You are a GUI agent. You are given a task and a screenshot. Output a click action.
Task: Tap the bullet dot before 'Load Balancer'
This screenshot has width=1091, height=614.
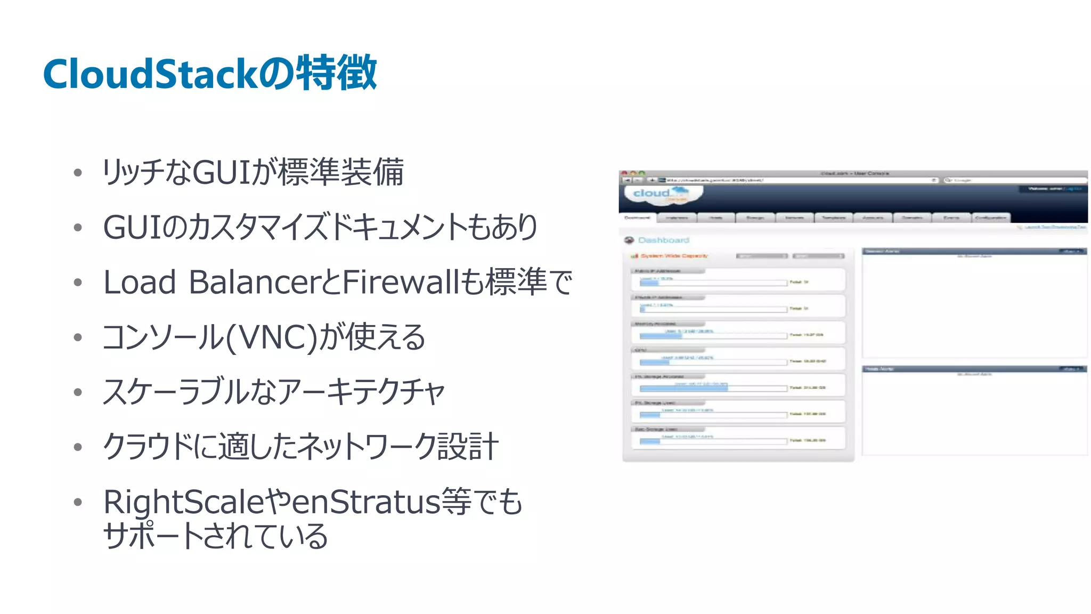[78, 282]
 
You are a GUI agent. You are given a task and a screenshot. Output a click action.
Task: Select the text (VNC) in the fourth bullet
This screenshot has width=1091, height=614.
[272, 337]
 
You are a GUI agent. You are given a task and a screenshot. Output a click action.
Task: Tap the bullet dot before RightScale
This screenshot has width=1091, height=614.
[78, 502]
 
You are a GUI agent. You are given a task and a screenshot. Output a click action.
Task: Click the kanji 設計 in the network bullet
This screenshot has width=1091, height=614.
[468, 446]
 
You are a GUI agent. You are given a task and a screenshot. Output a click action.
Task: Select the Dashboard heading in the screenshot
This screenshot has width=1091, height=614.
[663, 240]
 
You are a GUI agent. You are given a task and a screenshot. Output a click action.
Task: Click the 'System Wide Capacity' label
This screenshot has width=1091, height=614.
[674, 256]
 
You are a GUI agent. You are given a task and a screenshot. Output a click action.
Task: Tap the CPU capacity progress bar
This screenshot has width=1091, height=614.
[713, 362]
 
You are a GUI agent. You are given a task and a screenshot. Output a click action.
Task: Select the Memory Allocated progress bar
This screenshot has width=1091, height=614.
[713, 336]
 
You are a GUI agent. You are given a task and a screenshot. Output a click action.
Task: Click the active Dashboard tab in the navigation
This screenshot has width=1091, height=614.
[637, 217]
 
